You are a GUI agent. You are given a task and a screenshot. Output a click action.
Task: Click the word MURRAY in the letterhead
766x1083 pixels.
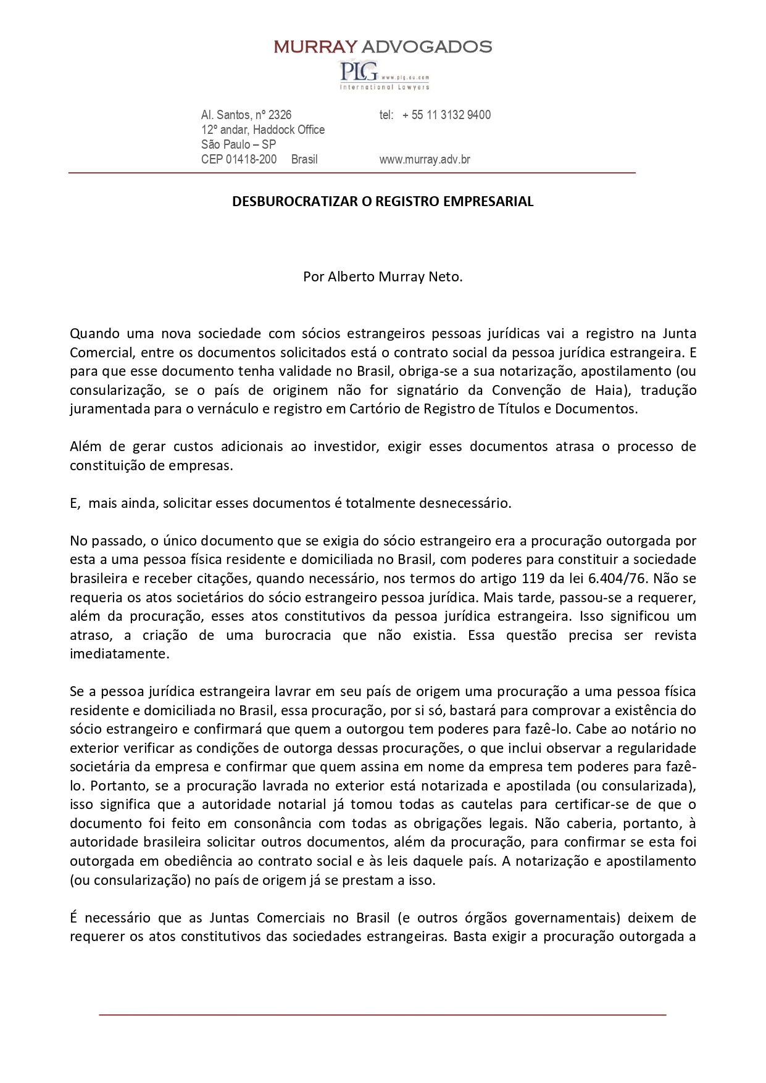coord(315,46)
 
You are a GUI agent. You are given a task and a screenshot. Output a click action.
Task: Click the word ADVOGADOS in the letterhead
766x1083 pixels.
coord(427,46)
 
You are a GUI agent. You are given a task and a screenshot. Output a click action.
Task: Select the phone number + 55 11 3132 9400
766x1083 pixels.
coord(446,115)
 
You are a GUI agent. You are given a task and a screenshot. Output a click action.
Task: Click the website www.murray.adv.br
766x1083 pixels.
coord(425,159)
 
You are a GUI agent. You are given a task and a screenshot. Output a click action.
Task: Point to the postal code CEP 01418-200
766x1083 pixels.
coord(239,159)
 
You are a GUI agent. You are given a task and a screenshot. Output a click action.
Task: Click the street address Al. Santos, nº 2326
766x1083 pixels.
coord(246,115)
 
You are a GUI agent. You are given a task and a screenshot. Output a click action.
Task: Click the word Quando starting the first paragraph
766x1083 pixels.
coord(93,334)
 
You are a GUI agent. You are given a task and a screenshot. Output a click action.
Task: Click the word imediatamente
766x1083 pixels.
coord(119,654)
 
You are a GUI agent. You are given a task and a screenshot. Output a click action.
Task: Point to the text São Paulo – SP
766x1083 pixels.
coord(238,144)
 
